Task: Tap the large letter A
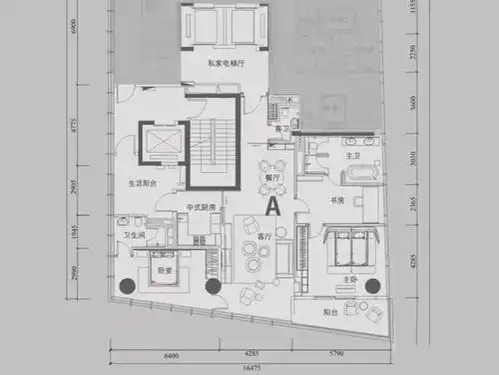coord(271,204)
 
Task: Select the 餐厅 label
coord(270,178)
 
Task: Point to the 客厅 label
coord(264,237)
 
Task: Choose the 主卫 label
coord(352,155)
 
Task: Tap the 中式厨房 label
coord(201,208)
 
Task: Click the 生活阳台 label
coord(143,184)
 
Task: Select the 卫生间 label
coord(134,235)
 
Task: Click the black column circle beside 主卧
coord(372,286)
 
